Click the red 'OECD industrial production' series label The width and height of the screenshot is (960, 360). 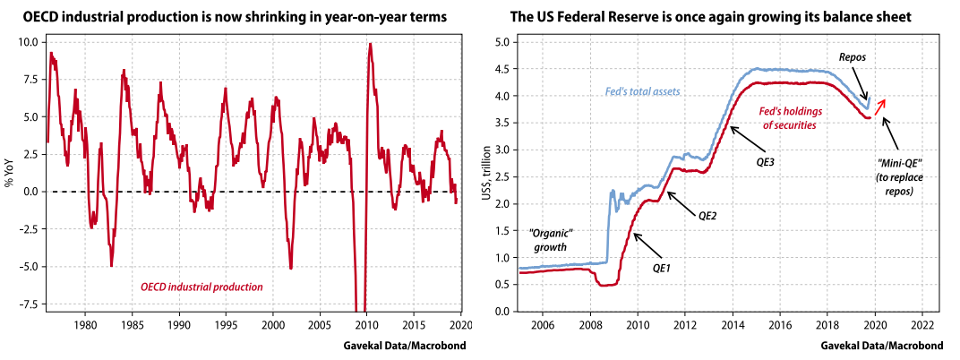201,287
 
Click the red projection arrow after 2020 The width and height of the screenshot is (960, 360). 880,107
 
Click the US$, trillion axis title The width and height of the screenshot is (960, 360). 486,176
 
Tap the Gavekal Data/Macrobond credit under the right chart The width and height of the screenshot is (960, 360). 882,345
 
